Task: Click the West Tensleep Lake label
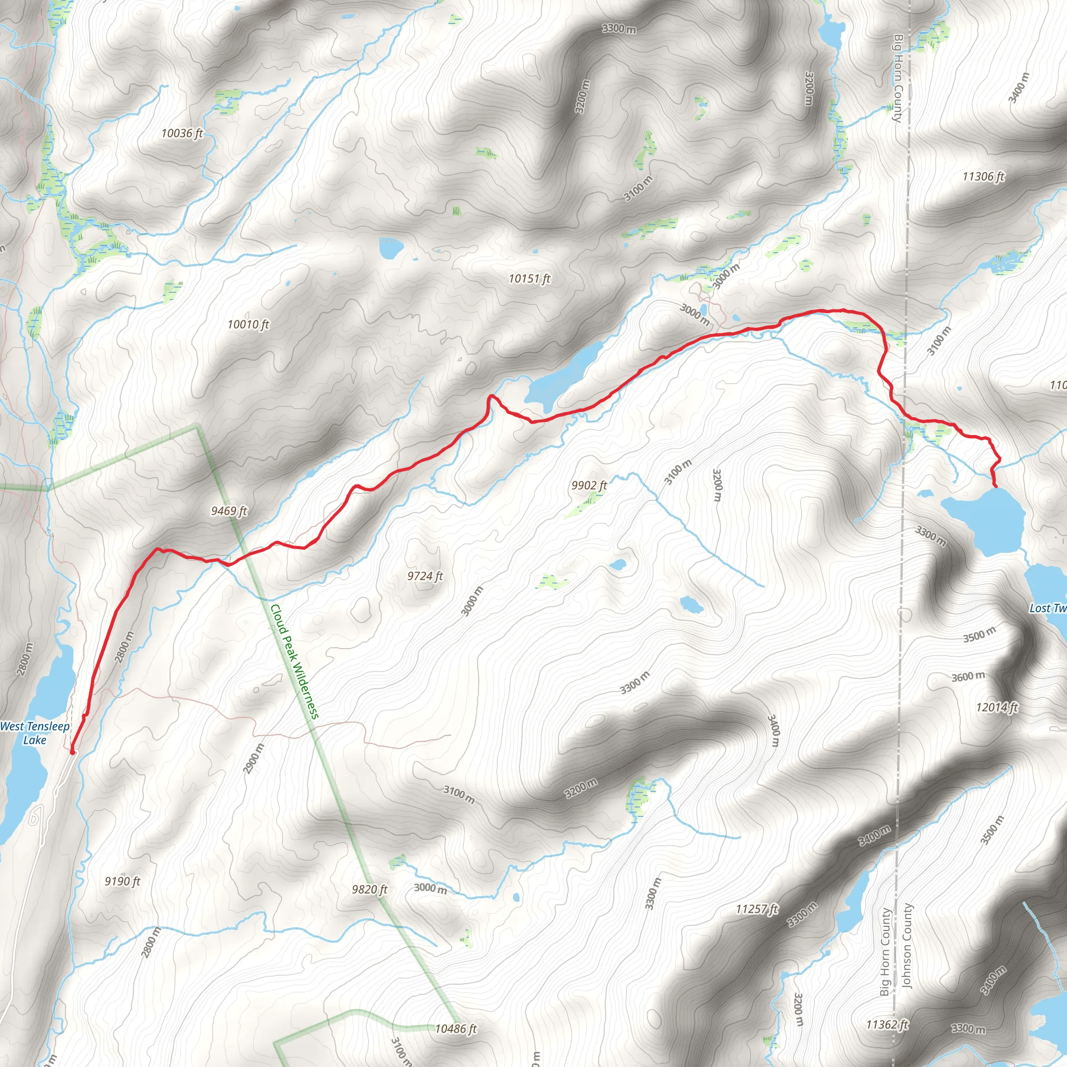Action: pos(35,733)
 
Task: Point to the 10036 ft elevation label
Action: pos(182,133)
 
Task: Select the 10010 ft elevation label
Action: pos(249,324)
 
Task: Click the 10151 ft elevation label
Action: pos(530,278)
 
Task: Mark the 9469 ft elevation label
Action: pos(229,511)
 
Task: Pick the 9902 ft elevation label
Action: pos(589,485)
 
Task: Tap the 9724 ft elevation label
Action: pos(425,576)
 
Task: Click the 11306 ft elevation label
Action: pos(984,177)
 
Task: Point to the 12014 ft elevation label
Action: pos(997,708)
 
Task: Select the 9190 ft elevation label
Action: pos(122,882)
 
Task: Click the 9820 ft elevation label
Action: pos(369,890)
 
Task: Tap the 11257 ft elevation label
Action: pos(757,909)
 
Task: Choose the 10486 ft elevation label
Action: pos(456,1029)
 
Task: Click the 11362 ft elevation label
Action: pos(887,1025)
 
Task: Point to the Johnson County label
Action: pos(907,946)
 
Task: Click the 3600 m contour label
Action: pos(968,677)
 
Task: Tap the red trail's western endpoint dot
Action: pos(72,751)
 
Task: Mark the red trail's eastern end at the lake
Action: pos(995,487)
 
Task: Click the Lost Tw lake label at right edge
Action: pos(1048,608)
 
